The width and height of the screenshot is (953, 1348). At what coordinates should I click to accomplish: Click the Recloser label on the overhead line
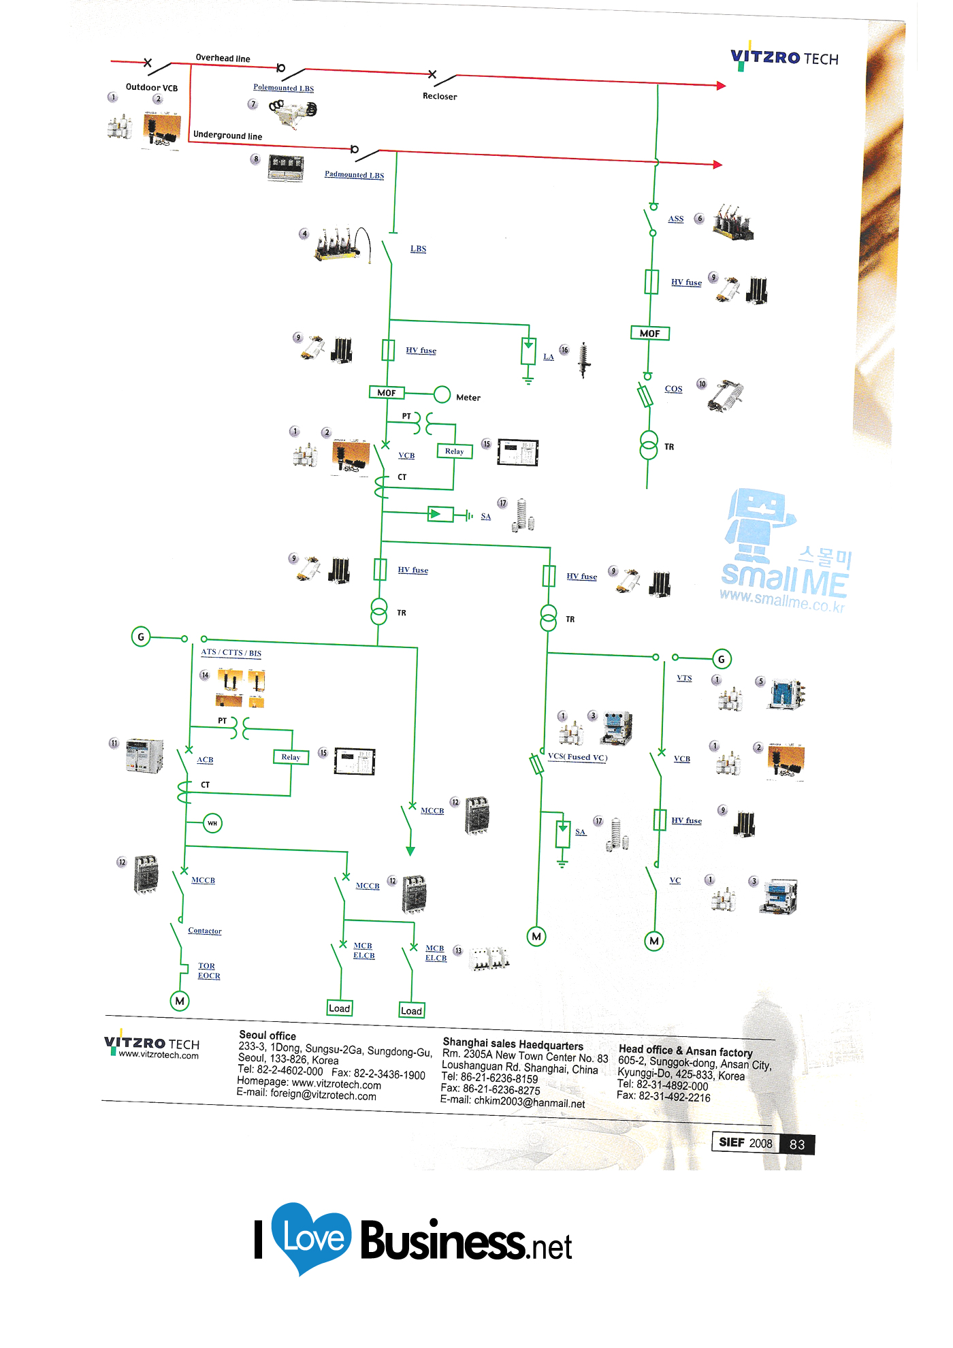pos(440,96)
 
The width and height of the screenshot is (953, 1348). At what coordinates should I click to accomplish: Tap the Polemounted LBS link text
pos(283,88)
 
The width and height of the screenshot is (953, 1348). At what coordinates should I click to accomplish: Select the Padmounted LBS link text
pos(354,175)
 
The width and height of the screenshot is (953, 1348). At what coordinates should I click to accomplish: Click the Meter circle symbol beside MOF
pos(442,394)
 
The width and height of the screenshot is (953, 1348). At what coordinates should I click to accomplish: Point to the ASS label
pos(675,219)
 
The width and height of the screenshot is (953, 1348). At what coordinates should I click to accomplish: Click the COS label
pos(673,389)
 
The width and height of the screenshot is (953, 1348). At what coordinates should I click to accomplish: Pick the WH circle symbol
pos(212,823)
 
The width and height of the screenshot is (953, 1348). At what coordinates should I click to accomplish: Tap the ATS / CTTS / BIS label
pos(231,652)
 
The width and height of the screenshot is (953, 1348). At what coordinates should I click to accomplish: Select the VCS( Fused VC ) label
pos(577,757)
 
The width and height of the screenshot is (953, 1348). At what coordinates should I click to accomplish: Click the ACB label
pos(205,760)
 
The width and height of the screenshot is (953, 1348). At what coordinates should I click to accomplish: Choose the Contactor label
pos(204,931)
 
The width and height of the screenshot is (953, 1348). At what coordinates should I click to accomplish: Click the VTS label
pos(684,678)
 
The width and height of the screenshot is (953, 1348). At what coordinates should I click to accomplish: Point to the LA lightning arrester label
pos(548,357)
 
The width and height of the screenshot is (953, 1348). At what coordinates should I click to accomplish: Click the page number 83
pos(797,1144)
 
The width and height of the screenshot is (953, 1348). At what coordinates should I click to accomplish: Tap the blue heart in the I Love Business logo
pos(311,1236)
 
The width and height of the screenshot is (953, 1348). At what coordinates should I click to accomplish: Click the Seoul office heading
pos(267,1036)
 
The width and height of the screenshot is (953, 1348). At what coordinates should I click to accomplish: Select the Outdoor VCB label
pos(151,88)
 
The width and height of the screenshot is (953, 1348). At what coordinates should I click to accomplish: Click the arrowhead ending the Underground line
pos(717,164)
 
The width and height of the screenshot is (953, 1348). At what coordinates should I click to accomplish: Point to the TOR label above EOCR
pos(206,966)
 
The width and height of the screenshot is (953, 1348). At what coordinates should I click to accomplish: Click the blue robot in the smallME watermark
pos(757,521)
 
